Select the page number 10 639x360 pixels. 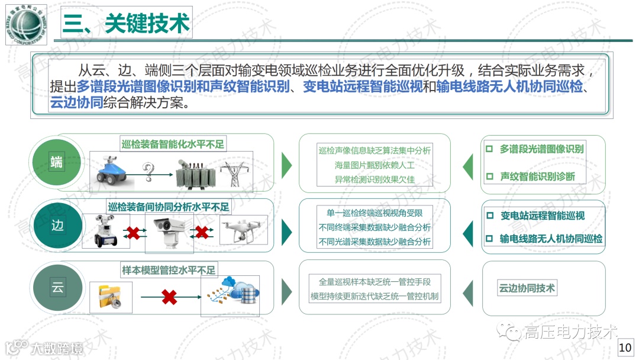pos(625,348)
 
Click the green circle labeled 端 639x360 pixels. pos(57,162)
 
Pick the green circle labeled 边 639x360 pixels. pos(57,226)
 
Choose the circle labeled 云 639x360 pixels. pos(57,288)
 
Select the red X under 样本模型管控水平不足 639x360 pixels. pos(169,297)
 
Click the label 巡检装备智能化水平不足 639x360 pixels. pos(173,144)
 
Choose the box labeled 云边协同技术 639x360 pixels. pos(527,288)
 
